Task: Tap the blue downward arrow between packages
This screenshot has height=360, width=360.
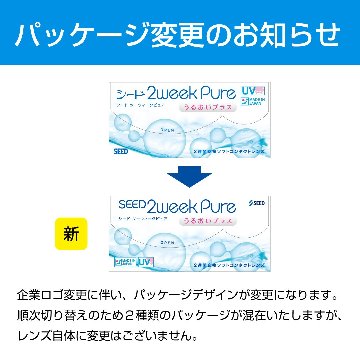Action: point(180,176)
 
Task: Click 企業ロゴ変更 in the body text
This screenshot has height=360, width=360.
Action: point(59,297)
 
